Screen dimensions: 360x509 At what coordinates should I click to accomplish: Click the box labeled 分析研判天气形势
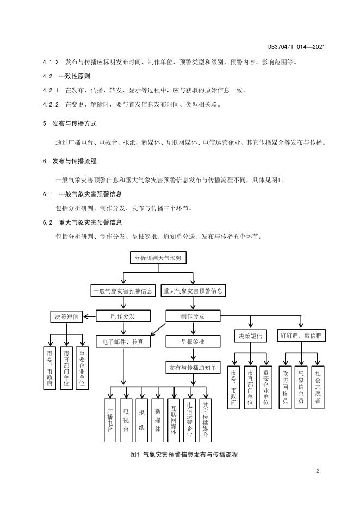[x=158, y=258]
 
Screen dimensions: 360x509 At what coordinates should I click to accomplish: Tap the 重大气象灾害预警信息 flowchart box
[x=193, y=291]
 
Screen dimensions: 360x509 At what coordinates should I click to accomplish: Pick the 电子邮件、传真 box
[x=123, y=342]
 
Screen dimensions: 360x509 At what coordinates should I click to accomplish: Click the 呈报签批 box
[x=193, y=342]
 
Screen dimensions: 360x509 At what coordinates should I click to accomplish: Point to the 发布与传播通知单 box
[x=193, y=368]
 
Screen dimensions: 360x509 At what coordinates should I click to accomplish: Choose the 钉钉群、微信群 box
[x=301, y=336]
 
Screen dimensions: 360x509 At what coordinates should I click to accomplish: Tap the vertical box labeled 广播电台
[x=110, y=420]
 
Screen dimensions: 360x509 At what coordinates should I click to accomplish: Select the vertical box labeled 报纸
[x=142, y=420]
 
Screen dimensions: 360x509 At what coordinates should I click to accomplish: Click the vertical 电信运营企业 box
[x=190, y=420]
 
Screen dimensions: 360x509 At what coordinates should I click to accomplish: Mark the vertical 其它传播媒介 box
[x=206, y=420]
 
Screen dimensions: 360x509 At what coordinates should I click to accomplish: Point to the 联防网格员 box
[x=285, y=387]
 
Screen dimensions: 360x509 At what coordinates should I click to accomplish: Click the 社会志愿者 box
[x=318, y=387]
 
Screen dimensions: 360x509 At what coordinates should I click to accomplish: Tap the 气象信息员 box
[x=301, y=387]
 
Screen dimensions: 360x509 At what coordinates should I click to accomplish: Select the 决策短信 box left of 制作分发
[x=66, y=316]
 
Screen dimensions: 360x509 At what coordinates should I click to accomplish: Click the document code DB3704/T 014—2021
[x=296, y=47]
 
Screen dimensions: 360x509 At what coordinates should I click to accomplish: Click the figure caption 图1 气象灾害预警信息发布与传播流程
[x=184, y=455]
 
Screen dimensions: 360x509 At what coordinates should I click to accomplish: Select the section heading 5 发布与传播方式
[x=70, y=123]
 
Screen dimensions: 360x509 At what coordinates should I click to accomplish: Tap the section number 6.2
[x=47, y=222]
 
